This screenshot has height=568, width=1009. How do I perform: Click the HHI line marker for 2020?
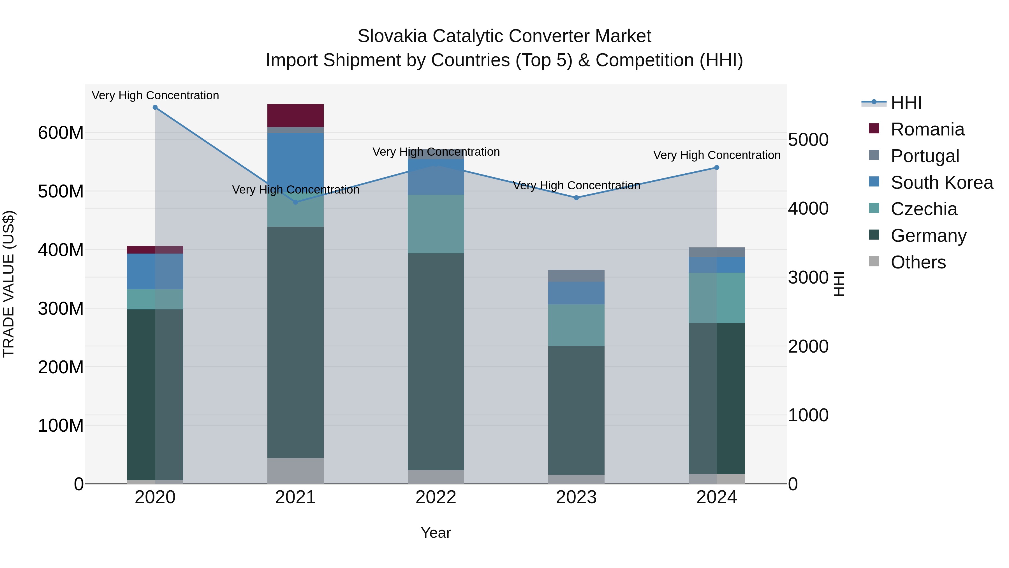(x=155, y=107)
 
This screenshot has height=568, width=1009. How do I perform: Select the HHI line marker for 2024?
(x=716, y=168)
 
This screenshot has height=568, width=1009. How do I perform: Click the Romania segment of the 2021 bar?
(x=295, y=116)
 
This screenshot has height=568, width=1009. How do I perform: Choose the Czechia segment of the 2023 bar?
(x=576, y=325)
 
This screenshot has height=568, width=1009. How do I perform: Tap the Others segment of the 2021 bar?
(x=295, y=470)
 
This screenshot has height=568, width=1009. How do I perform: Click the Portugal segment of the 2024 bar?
(x=716, y=252)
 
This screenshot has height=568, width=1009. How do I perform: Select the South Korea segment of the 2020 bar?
(x=155, y=271)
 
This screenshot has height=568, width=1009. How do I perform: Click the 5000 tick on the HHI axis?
(x=808, y=140)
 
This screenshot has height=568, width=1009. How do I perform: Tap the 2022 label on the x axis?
(x=436, y=497)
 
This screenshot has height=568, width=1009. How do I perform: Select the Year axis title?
(x=436, y=533)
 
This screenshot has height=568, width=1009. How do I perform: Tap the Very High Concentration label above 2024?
(x=716, y=155)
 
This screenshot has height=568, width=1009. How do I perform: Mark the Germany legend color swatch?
(x=874, y=235)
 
